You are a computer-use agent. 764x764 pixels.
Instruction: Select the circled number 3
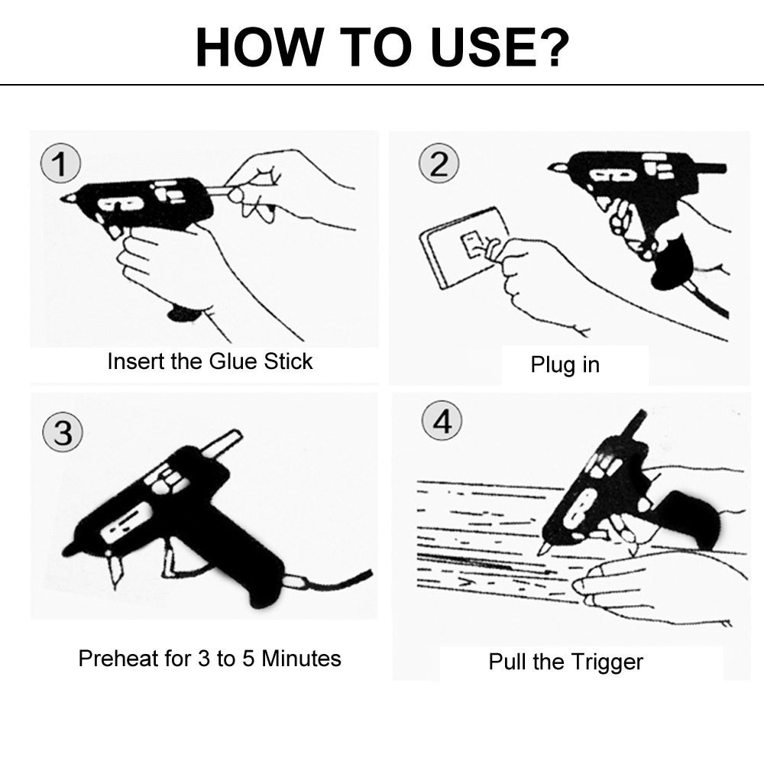pyautogui.click(x=62, y=433)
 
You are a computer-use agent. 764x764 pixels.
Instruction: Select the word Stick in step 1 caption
pyautogui.click(x=288, y=361)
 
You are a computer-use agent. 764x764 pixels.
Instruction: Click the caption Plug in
pyautogui.click(x=565, y=364)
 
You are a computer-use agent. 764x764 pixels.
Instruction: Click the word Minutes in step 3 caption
pyautogui.click(x=301, y=658)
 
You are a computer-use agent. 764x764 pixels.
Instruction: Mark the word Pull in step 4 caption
pyautogui.click(x=505, y=662)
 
